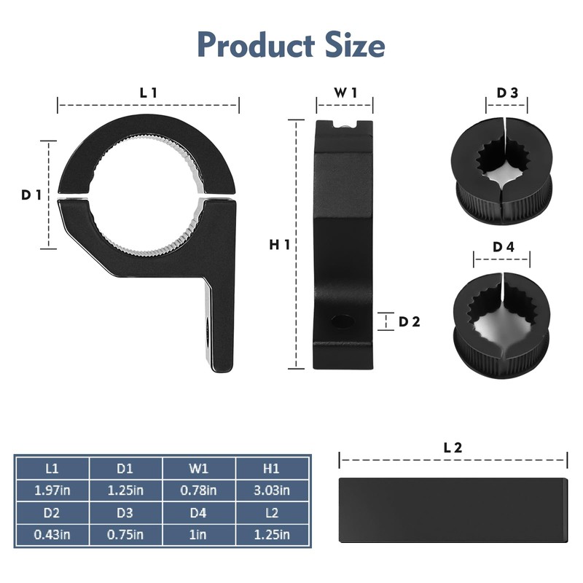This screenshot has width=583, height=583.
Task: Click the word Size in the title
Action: [355, 44]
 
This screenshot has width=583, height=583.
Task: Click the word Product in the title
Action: [257, 44]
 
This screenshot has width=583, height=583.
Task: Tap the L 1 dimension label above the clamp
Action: [149, 93]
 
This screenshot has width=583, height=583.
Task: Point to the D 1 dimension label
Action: [31, 195]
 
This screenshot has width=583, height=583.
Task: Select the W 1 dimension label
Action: [345, 93]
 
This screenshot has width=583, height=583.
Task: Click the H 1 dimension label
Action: [280, 245]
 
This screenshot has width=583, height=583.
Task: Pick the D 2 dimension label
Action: [410, 321]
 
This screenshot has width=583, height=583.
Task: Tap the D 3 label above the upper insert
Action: [507, 93]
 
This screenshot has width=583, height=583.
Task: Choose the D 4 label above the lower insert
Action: [504, 247]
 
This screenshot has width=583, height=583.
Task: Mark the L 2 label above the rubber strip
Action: [453, 447]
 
